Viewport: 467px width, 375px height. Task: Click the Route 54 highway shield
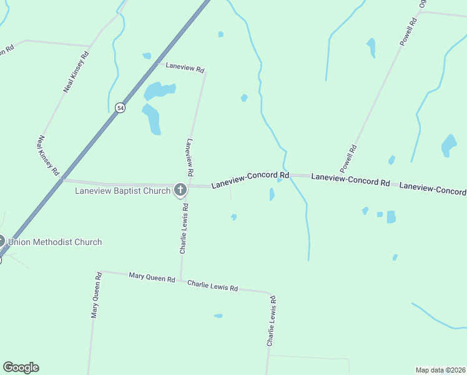[x=120, y=107]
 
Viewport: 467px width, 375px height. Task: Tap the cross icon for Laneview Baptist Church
[x=180, y=190]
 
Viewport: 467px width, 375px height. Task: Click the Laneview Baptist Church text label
[x=122, y=191]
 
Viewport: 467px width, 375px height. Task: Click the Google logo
[x=21, y=367]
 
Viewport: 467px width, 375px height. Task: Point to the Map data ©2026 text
[x=441, y=370]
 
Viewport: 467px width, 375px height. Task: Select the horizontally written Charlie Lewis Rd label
[x=213, y=286]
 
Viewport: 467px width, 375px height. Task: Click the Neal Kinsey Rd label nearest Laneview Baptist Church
[x=48, y=155]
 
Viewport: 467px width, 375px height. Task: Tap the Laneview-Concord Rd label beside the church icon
[x=250, y=181]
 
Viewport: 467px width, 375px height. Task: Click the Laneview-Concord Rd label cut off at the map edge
[x=432, y=188]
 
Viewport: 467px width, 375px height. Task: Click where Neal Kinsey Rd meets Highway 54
[x=61, y=179]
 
